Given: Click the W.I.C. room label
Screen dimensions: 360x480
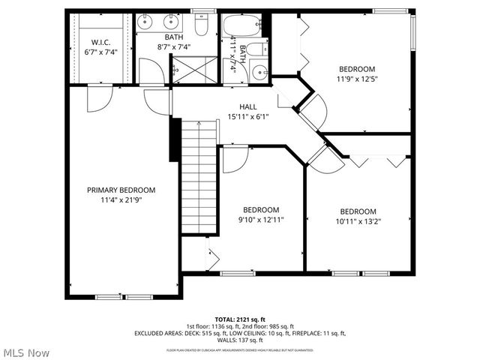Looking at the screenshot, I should (x=100, y=41).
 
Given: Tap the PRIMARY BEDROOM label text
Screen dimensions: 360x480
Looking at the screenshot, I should (x=121, y=190).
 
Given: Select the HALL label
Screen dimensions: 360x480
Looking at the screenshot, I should (x=248, y=107).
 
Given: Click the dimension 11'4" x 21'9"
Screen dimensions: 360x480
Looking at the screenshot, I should (x=121, y=200).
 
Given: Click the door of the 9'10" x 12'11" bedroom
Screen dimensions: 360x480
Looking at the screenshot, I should (x=235, y=157).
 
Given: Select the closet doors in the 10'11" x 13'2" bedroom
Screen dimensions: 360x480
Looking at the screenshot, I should (x=378, y=160).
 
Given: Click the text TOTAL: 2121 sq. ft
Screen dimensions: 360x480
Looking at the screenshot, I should (x=239, y=319).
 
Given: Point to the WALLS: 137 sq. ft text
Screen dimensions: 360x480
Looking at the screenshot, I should (x=239, y=340).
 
